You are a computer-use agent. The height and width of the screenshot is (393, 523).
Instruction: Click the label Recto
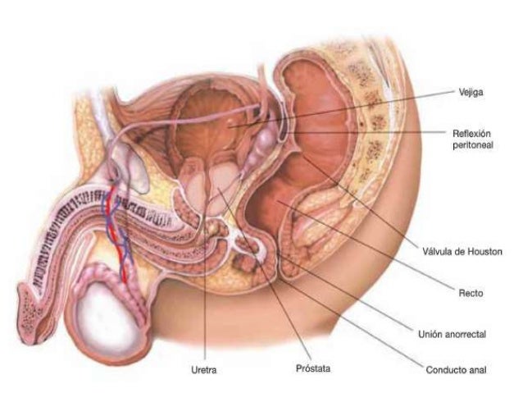pyautogui.click(x=471, y=292)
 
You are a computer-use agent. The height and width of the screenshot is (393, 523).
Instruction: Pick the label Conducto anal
pyautogui.click(x=456, y=370)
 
